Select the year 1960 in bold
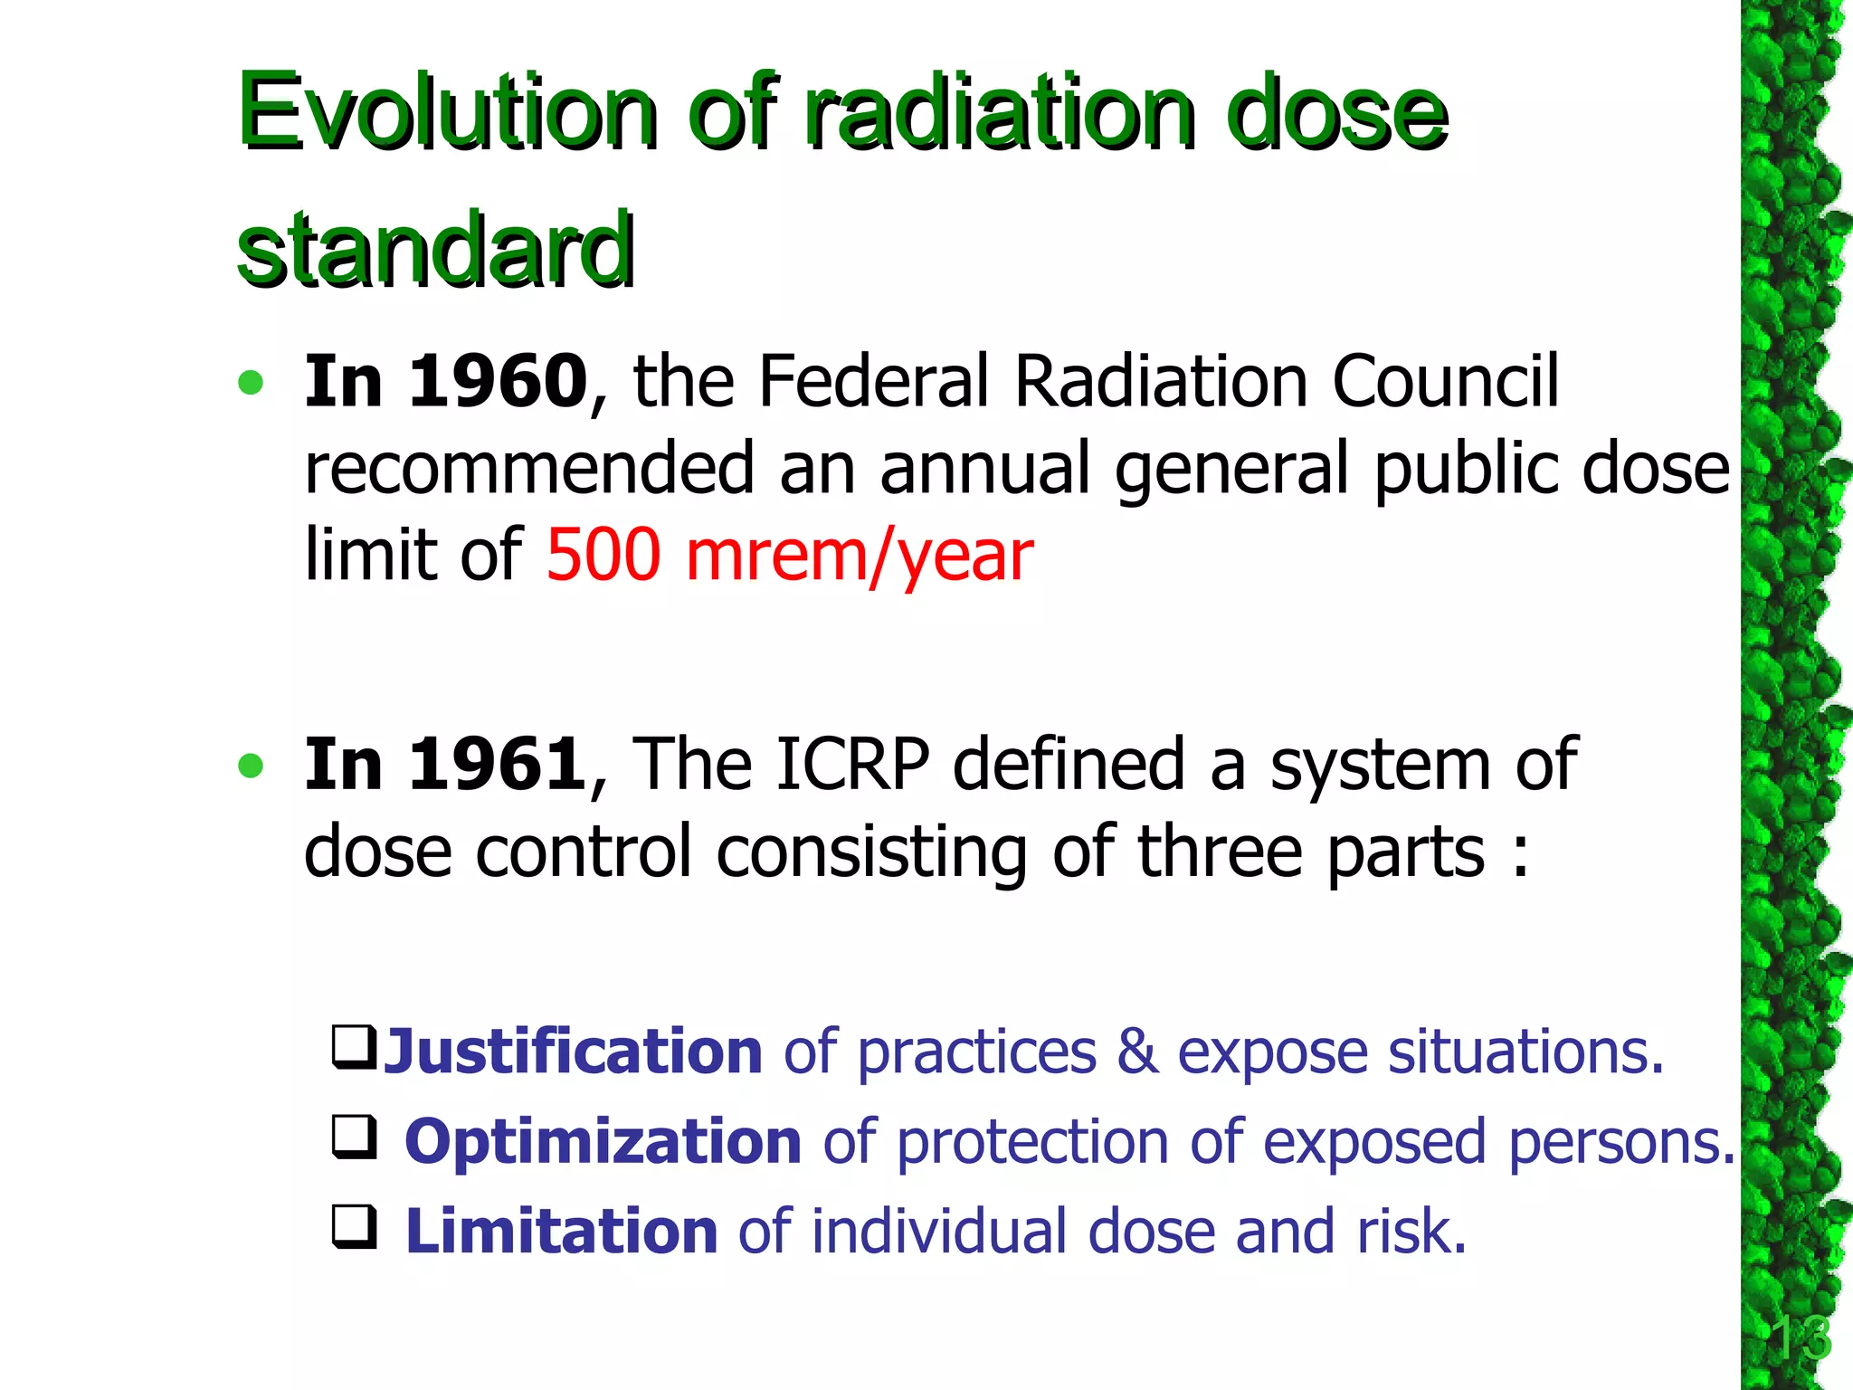[x=499, y=381]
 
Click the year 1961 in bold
[x=499, y=765]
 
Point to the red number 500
[x=603, y=555]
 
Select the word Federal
[x=876, y=381]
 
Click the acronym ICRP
[x=851, y=765]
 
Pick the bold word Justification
[x=573, y=1052]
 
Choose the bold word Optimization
[x=603, y=1142]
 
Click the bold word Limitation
[x=561, y=1232]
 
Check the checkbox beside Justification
[x=354, y=1047]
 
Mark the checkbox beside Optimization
[x=354, y=1138]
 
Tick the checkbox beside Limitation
[x=354, y=1227]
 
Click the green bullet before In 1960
[x=251, y=383]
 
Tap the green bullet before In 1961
[x=251, y=766]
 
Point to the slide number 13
[x=1800, y=1338]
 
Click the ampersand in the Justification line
[x=1137, y=1052]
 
